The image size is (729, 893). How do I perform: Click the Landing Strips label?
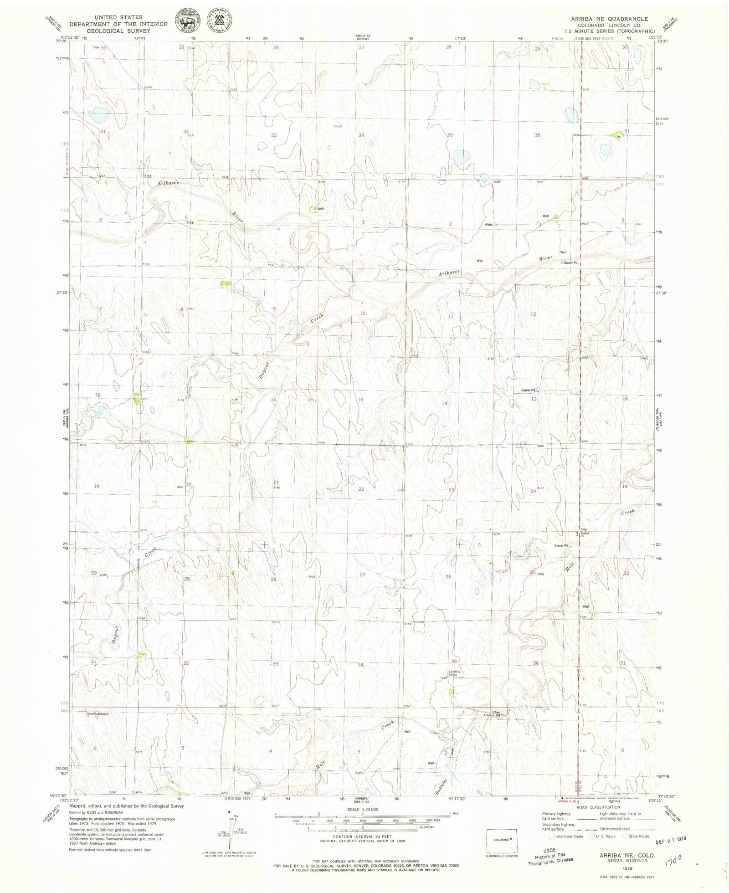pyautogui.click(x=454, y=673)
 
